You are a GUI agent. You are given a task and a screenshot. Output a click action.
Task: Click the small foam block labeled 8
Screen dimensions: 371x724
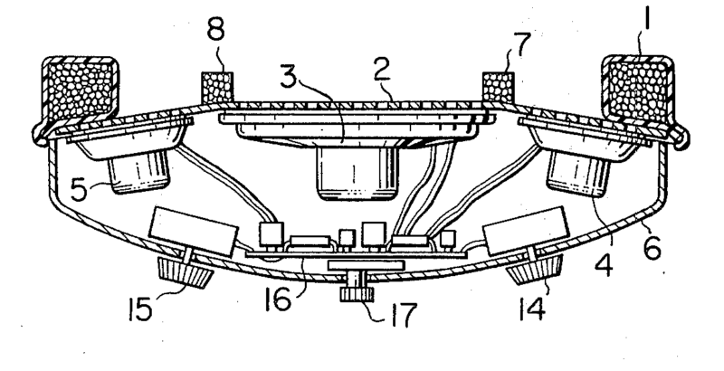[x=216, y=88]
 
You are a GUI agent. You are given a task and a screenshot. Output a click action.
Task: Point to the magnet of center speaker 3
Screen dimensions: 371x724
[x=357, y=177]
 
